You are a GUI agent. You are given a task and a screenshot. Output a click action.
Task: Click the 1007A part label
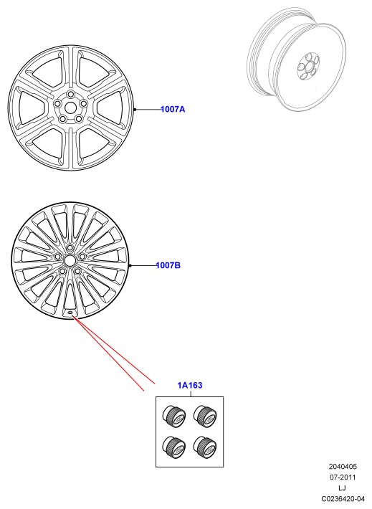[x=173, y=109]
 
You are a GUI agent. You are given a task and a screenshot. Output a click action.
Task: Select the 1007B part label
[x=168, y=265]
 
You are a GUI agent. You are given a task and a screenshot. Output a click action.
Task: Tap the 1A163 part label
[x=190, y=385]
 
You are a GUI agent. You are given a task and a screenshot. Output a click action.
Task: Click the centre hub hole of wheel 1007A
[x=70, y=107]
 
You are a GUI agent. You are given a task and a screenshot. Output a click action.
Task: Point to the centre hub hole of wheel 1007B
[x=70, y=260]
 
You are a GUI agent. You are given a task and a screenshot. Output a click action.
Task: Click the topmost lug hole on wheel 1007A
[x=70, y=94]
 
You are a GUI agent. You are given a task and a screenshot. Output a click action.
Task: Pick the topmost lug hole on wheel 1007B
[x=70, y=248]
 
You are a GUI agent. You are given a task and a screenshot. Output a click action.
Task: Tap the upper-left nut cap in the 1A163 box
[x=173, y=417]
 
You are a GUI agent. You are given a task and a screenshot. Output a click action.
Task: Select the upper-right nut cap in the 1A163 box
[x=205, y=417]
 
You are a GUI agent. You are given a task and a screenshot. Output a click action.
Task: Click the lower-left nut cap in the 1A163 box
[x=173, y=447]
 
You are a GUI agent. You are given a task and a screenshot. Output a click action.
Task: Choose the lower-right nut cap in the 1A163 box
[x=205, y=447]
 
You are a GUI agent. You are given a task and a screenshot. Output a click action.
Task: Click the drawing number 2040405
[x=343, y=467]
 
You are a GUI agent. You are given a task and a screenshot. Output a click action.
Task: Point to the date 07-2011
[x=343, y=477]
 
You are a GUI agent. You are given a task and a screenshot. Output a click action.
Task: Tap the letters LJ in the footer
[x=342, y=488]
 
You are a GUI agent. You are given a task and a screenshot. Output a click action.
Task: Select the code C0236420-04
[x=343, y=499]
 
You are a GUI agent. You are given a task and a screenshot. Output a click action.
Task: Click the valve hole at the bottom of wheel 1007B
[x=70, y=313]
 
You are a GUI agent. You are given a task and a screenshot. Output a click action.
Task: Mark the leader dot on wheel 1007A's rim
[x=135, y=110]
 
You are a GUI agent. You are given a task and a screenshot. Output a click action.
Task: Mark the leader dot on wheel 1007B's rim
[x=130, y=265]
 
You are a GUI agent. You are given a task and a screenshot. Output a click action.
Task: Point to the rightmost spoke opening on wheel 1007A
[x=110, y=107]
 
